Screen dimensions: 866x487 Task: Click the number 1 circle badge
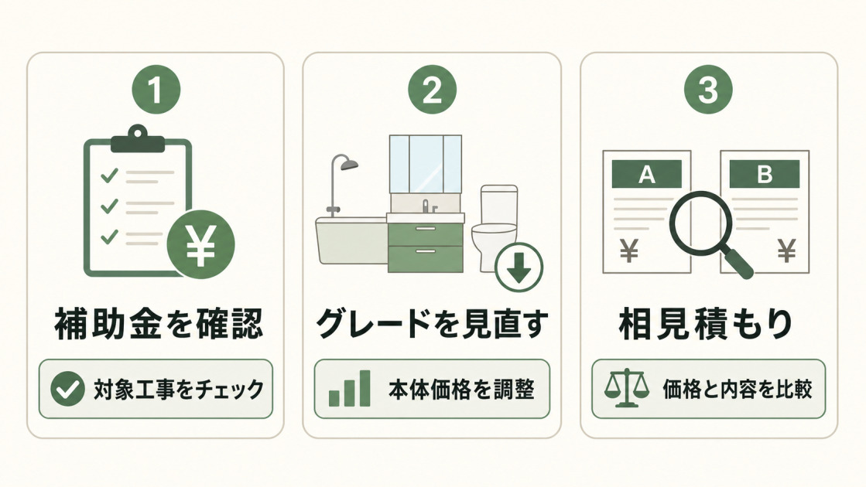click(x=156, y=90)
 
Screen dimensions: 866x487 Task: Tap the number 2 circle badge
click(x=433, y=90)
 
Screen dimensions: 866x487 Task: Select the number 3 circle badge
click(x=709, y=90)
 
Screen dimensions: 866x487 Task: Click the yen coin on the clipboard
click(x=200, y=243)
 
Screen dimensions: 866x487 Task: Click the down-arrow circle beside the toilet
click(x=519, y=267)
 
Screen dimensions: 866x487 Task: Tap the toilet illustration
click(x=495, y=227)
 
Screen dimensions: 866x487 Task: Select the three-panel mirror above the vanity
click(x=426, y=165)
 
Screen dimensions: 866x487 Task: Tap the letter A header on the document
click(x=647, y=174)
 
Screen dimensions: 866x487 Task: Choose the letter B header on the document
click(x=765, y=174)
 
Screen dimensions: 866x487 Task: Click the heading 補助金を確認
click(x=159, y=324)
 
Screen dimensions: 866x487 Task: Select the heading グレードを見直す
click(x=432, y=324)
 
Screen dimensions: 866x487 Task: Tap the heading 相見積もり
click(x=706, y=324)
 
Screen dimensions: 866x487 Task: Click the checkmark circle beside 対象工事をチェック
click(x=67, y=389)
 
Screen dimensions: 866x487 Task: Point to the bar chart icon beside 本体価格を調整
click(x=349, y=388)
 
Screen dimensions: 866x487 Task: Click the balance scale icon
click(x=626, y=388)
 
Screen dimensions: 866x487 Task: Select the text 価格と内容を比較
click(x=738, y=390)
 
